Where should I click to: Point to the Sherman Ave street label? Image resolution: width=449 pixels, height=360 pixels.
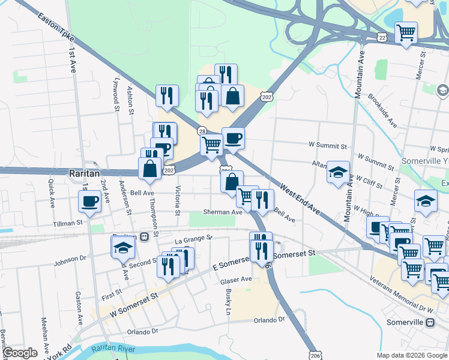223,212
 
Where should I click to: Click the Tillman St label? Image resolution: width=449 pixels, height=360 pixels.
67,223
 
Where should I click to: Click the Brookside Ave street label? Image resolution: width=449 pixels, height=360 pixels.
383,110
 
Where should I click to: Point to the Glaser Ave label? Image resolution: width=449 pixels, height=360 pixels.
236,280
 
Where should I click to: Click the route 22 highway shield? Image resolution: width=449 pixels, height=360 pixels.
382,37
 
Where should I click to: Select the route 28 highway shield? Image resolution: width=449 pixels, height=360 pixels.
202,131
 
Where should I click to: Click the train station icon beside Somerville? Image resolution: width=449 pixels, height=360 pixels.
430,322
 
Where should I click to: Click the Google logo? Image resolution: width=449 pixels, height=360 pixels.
20,353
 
